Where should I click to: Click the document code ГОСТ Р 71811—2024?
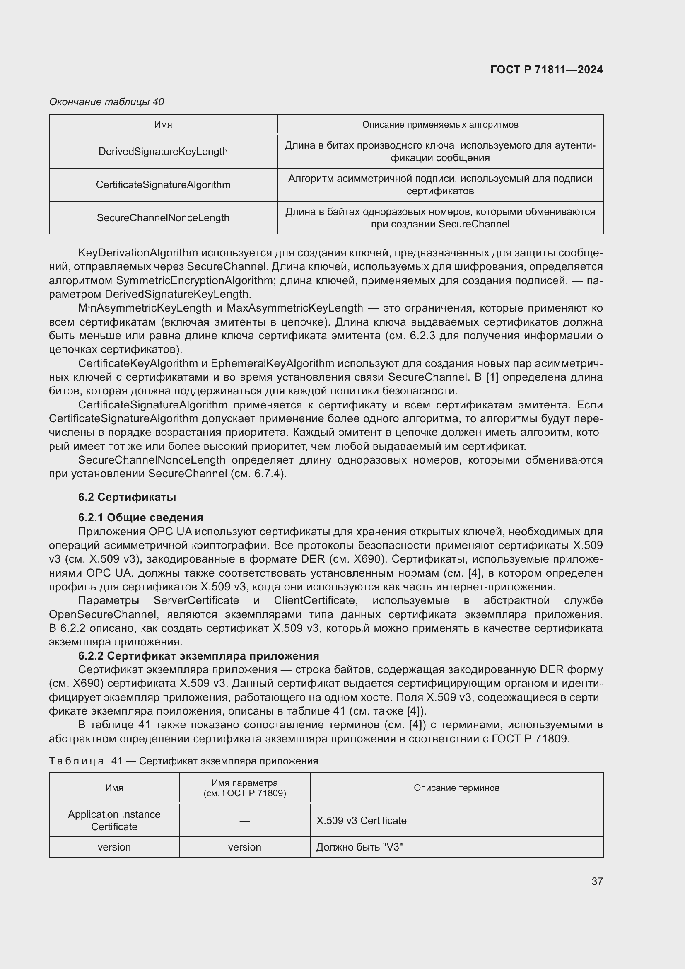546,70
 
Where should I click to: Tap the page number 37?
597,881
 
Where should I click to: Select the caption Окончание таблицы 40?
107,102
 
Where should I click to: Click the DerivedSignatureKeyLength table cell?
163,152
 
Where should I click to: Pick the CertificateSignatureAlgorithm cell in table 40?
163,185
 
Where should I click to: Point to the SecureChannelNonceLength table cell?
163,218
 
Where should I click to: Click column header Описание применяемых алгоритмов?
440,125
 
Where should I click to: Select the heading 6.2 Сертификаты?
127,497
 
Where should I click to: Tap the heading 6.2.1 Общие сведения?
140,517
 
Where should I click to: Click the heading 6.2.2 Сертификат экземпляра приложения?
198,656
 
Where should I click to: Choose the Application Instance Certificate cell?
114,820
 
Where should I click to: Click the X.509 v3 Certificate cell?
362,820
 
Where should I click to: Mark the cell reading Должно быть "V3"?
359,847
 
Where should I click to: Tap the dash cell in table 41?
244,820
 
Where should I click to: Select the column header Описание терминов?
456,788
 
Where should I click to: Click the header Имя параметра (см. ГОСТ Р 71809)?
244,788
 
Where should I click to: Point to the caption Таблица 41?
183,761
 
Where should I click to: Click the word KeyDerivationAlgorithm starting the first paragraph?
138,253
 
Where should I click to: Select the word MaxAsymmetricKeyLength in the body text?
294,308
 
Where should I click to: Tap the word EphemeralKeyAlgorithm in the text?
272,363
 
